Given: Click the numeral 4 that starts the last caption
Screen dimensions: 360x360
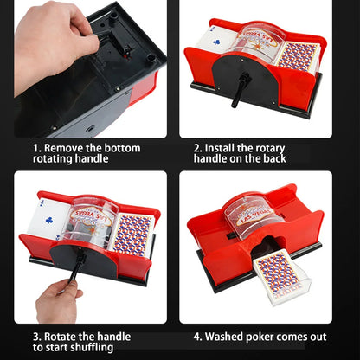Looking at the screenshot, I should [196, 336].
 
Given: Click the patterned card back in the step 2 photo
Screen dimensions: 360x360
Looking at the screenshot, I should [298, 55].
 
